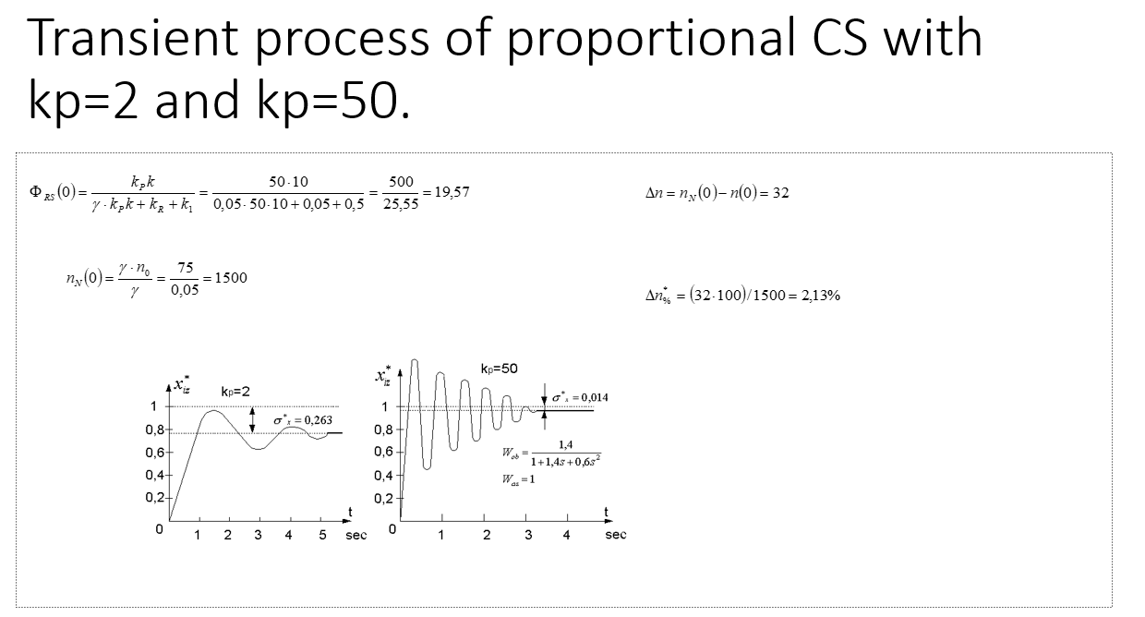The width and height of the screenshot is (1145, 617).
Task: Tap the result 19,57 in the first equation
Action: tap(452, 192)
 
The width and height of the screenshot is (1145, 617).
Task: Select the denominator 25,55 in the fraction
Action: tap(401, 204)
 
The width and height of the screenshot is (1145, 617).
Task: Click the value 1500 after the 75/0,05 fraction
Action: tap(231, 277)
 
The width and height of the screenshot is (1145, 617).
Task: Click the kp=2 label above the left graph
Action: tap(235, 391)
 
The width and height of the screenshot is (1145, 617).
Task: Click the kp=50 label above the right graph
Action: tap(499, 369)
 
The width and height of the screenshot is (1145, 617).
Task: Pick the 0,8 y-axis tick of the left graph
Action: tap(154, 429)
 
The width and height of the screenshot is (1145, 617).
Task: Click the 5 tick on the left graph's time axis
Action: tap(322, 535)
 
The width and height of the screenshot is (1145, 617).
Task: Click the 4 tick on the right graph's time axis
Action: tap(567, 535)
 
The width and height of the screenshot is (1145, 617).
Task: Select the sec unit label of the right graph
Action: tap(616, 535)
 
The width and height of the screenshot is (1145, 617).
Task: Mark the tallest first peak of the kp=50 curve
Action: tap(415, 360)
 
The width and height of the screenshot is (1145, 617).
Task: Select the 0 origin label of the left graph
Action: tap(159, 530)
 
